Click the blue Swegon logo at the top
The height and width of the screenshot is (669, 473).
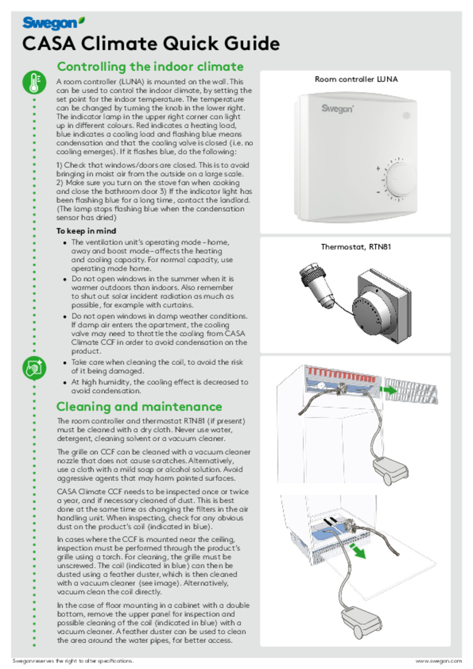pyautogui.click(x=53, y=24)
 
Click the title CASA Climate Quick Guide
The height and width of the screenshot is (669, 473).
pyautogui.click(x=151, y=44)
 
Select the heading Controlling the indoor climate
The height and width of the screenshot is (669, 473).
pyautogui.click(x=150, y=66)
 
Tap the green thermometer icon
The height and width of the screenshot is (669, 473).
pyautogui.click(x=34, y=82)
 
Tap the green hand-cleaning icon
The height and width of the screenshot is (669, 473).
pyautogui.click(x=34, y=368)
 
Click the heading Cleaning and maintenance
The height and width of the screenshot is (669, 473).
pyautogui.click(x=139, y=407)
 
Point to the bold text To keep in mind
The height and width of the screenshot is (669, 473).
pyautogui.click(x=86, y=231)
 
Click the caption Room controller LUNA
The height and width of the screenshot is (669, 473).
pyautogui.click(x=356, y=79)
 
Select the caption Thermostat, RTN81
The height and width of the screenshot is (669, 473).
pyautogui.click(x=356, y=247)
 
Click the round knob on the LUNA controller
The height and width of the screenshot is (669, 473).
pyautogui.click(x=401, y=179)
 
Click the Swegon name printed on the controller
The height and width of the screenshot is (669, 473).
pyautogui.click(x=337, y=109)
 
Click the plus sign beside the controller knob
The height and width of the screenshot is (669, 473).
pyautogui.click(x=378, y=168)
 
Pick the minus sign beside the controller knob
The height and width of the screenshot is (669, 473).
pyautogui.click(x=378, y=193)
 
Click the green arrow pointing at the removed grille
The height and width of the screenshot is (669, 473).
pyautogui.click(x=390, y=390)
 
